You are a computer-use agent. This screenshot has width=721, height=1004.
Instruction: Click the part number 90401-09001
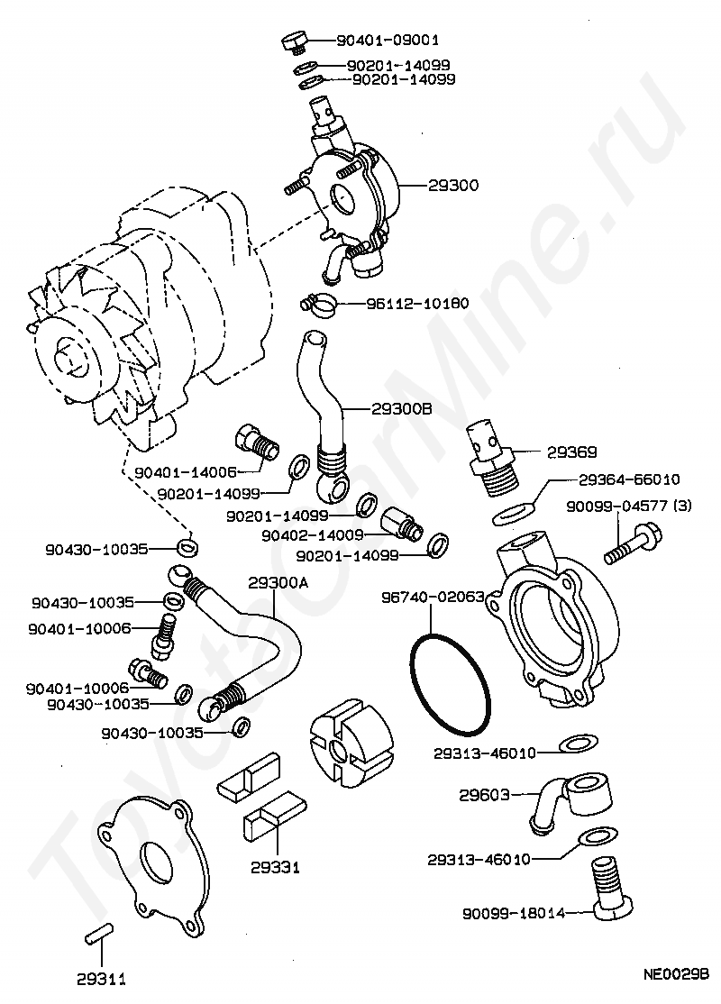click(x=388, y=41)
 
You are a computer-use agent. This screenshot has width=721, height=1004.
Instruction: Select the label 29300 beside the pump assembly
click(x=453, y=185)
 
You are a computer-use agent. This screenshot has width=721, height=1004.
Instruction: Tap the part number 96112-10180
click(x=416, y=304)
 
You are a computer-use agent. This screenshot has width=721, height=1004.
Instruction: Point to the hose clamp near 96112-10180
click(x=318, y=304)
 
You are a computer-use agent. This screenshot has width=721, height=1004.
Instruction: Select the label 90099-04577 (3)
click(x=629, y=507)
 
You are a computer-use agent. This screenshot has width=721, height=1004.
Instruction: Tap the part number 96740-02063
click(x=433, y=597)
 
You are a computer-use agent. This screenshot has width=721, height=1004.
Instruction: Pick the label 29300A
click(x=278, y=583)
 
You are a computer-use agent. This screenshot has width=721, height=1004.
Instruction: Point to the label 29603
click(x=485, y=795)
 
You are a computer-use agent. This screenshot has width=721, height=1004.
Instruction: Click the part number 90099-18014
click(x=514, y=913)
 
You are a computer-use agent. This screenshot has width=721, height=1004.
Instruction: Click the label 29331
click(x=277, y=868)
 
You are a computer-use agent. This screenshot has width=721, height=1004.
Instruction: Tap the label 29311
click(x=101, y=978)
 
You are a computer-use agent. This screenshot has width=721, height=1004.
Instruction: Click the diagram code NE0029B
click(x=677, y=974)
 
